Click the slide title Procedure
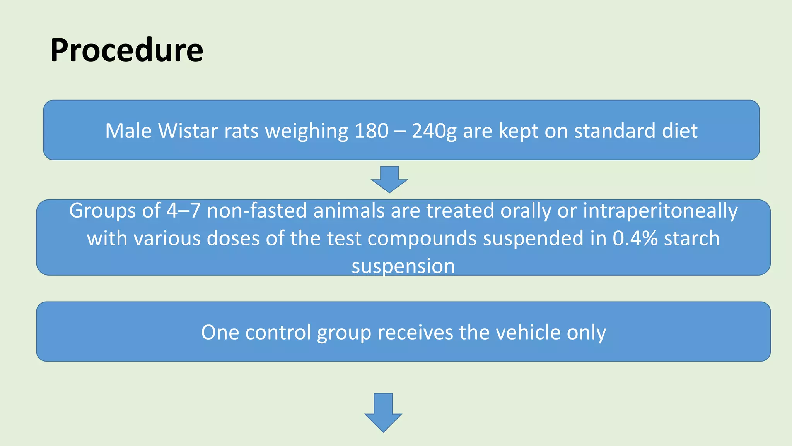point(126,50)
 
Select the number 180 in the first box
point(371,131)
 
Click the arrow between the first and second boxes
point(389,179)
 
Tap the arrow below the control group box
point(383,412)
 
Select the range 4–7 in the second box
point(183,211)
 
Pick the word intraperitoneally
point(660,211)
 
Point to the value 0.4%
point(635,238)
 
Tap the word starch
point(691,238)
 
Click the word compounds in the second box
point(422,238)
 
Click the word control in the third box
point(278,333)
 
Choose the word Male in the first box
point(128,131)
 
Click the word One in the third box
point(217,333)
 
